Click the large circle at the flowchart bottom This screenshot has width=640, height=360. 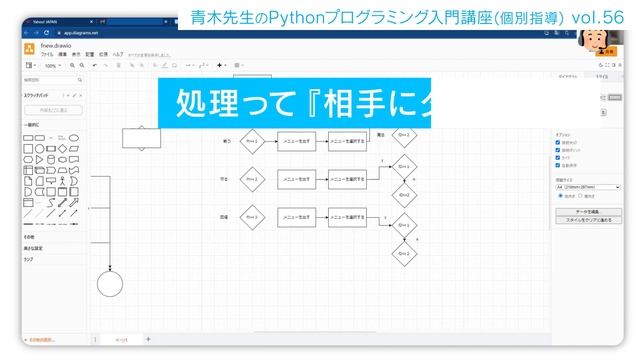click(110, 283)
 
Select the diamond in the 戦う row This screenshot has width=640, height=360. click(252, 142)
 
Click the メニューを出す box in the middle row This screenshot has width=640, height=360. click(297, 180)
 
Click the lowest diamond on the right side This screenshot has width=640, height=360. click(404, 254)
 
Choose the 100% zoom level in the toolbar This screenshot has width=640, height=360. click(51, 66)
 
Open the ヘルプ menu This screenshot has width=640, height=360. click(118, 55)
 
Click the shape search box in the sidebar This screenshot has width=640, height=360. click(52, 79)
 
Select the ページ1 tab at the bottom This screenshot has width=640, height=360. click(121, 340)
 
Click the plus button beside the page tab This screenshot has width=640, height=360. click(148, 340)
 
